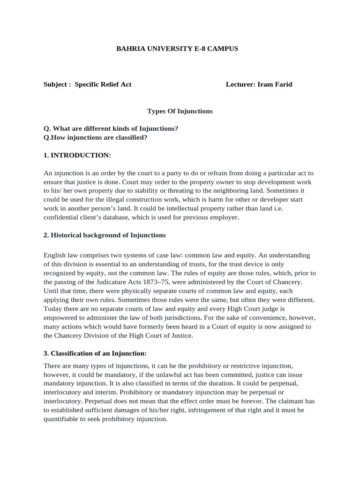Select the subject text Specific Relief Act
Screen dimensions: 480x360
click(103, 84)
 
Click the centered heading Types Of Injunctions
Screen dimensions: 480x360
click(180, 111)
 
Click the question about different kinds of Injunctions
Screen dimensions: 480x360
click(111, 128)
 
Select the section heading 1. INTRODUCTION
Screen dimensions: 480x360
click(77, 155)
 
